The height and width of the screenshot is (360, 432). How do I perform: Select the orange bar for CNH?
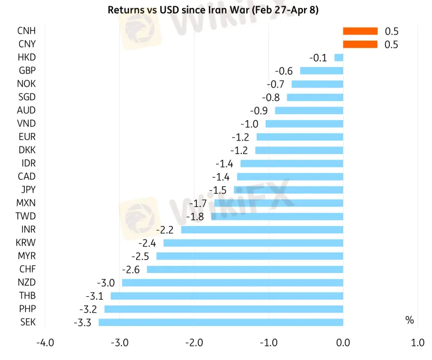pos(360,31)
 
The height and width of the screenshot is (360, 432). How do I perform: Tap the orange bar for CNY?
pos(360,44)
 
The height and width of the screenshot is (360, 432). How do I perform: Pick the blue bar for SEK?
pos(221,322)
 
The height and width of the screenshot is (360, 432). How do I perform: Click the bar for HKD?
pos(339,57)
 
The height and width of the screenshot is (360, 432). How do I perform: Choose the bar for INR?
pos(262,230)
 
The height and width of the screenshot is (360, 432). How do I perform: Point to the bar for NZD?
pos(233,283)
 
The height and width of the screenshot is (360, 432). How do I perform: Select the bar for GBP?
pos(321,71)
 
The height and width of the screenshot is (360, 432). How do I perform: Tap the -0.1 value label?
pos(318,57)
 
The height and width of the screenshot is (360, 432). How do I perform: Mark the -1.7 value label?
pos(199,203)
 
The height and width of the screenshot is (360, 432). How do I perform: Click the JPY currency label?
pos(26,190)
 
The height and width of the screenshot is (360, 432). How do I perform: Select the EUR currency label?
pos(26,137)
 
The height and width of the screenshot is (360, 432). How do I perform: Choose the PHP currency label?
pos(26,309)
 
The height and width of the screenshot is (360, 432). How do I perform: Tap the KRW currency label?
pos(26,243)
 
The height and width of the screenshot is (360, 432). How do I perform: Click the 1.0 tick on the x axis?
pos(417,343)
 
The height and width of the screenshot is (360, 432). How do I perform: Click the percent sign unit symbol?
pos(409,321)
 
